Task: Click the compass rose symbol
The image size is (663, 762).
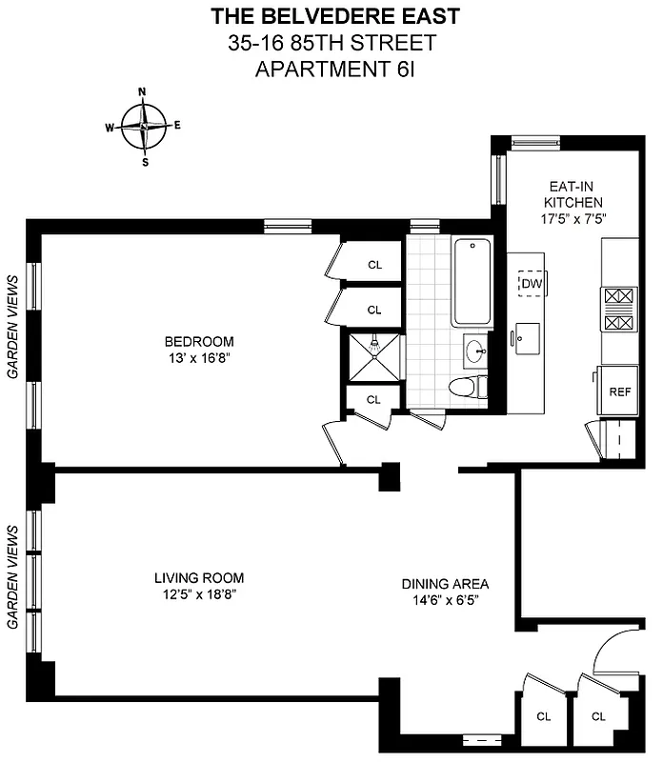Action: pos(144,126)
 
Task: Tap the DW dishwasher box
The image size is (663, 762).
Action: pos(531,283)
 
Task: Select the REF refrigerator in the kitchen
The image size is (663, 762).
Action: pos(620,391)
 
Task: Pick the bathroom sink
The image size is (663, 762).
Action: pos(476,351)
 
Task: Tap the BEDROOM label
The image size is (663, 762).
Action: pos(198,342)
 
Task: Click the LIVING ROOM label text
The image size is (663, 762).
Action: pos(199,577)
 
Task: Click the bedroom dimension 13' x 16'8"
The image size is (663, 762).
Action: pos(198,358)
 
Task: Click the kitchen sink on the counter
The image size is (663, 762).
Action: pos(525,336)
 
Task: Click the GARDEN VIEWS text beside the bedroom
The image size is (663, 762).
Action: pos(14,327)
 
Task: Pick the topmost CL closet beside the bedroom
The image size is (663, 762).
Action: pos(373,265)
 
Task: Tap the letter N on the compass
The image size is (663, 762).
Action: pos(143,92)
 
